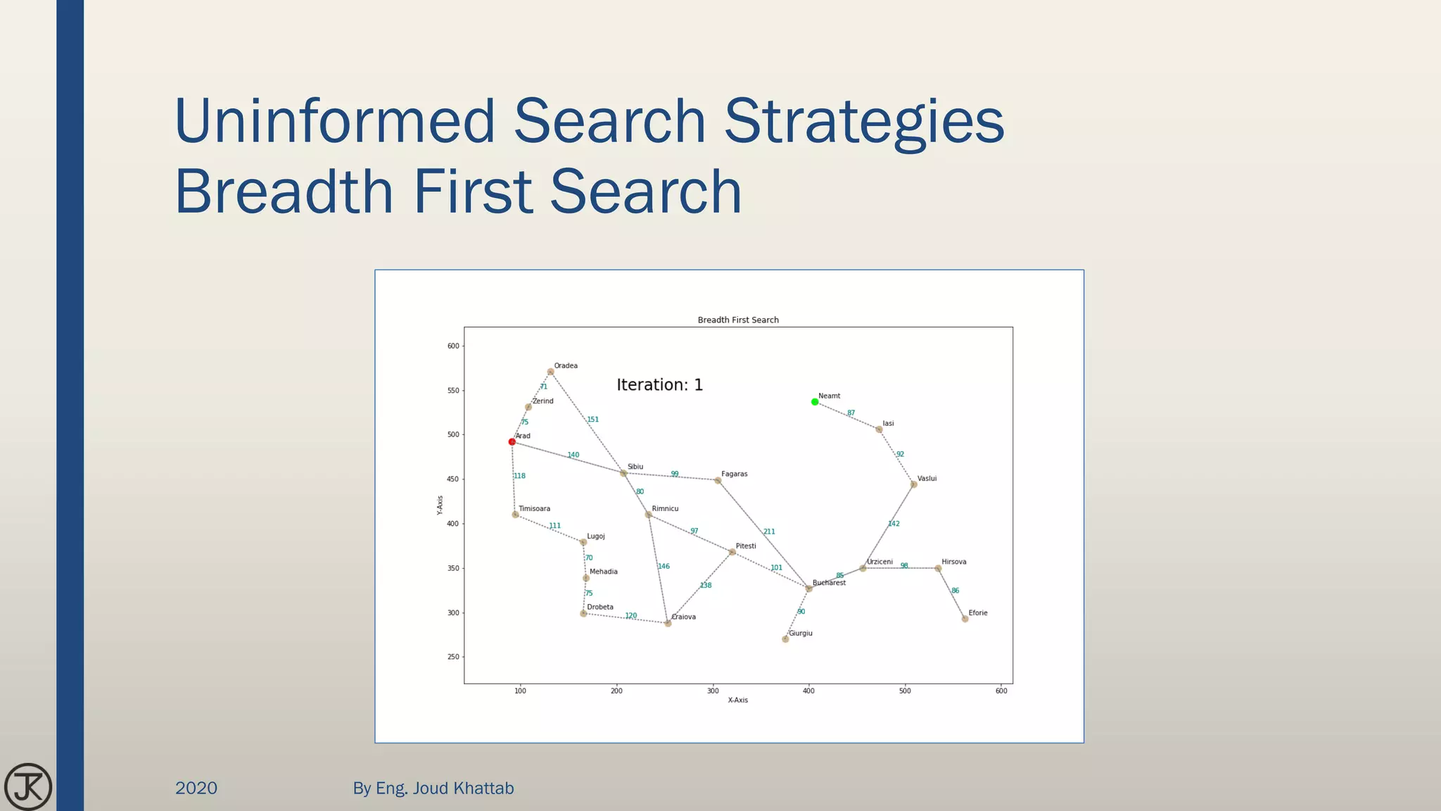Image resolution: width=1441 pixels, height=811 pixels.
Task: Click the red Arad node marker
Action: click(x=512, y=442)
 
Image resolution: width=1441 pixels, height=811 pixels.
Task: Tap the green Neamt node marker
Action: click(x=815, y=402)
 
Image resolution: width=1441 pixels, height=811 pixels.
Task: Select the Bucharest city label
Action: click(x=829, y=583)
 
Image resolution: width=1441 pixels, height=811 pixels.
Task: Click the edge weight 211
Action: click(x=769, y=532)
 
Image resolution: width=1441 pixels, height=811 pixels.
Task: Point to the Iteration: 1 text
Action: click(x=659, y=385)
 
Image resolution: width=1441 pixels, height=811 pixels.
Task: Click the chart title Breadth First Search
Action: click(x=738, y=320)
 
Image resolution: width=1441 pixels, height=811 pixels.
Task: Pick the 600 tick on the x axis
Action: click(x=1001, y=691)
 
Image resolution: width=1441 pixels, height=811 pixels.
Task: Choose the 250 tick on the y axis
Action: click(x=453, y=657)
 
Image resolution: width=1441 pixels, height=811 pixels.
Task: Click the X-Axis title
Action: click(x=738, y=700)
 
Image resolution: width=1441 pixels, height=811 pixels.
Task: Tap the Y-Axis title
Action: click(x=440, y=505)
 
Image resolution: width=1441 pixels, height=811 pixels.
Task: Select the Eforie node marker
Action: click(x=965, y=619)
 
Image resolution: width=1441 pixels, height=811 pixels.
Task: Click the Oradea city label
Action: click(x=566, y=365)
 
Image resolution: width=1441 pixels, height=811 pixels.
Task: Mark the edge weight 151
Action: click(x=593, y=420)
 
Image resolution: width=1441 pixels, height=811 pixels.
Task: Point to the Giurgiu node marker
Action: click(x=785, y=639)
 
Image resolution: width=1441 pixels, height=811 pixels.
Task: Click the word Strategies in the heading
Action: click(x=864, y=121)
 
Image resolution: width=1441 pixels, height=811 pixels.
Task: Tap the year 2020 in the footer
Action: click(x=196, y=788)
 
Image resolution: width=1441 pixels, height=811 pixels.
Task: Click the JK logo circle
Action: click(x=28, y=786)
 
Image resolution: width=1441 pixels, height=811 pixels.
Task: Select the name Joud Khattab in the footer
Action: click(x=463, y=788)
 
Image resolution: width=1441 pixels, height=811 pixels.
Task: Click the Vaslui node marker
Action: click(x=913, y=484)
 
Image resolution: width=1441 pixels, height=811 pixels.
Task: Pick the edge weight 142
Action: click(x=894, y=524)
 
